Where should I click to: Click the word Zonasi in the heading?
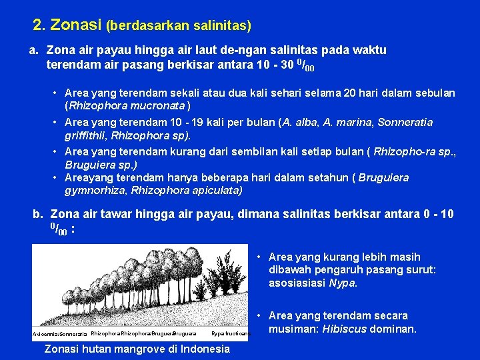click(x=76, y=25)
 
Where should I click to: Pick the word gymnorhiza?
click(x=95, y=191)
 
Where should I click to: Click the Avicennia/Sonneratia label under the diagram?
click(x=59, y=333)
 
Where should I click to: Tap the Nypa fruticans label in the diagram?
click(x=229, y=333)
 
